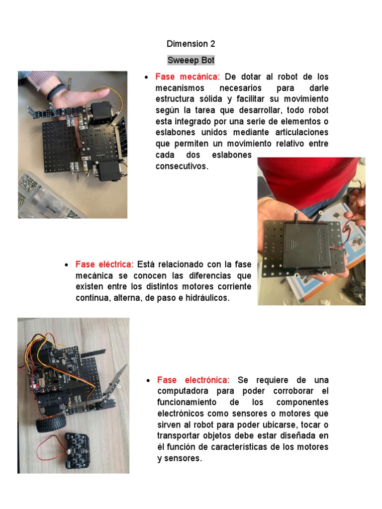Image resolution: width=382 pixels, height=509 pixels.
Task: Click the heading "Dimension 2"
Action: coord(191,44)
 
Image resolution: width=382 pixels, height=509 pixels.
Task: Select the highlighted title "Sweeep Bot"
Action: coord(191,60)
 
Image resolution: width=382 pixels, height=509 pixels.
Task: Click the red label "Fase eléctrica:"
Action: coord(104,264)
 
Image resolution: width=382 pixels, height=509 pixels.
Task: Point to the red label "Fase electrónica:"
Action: coord(193,380)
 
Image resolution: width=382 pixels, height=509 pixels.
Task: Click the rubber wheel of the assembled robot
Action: coord(50,425)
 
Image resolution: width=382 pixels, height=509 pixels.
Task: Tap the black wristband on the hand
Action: coord(57,92)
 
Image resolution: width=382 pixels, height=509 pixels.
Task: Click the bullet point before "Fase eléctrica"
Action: coord(66,265)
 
